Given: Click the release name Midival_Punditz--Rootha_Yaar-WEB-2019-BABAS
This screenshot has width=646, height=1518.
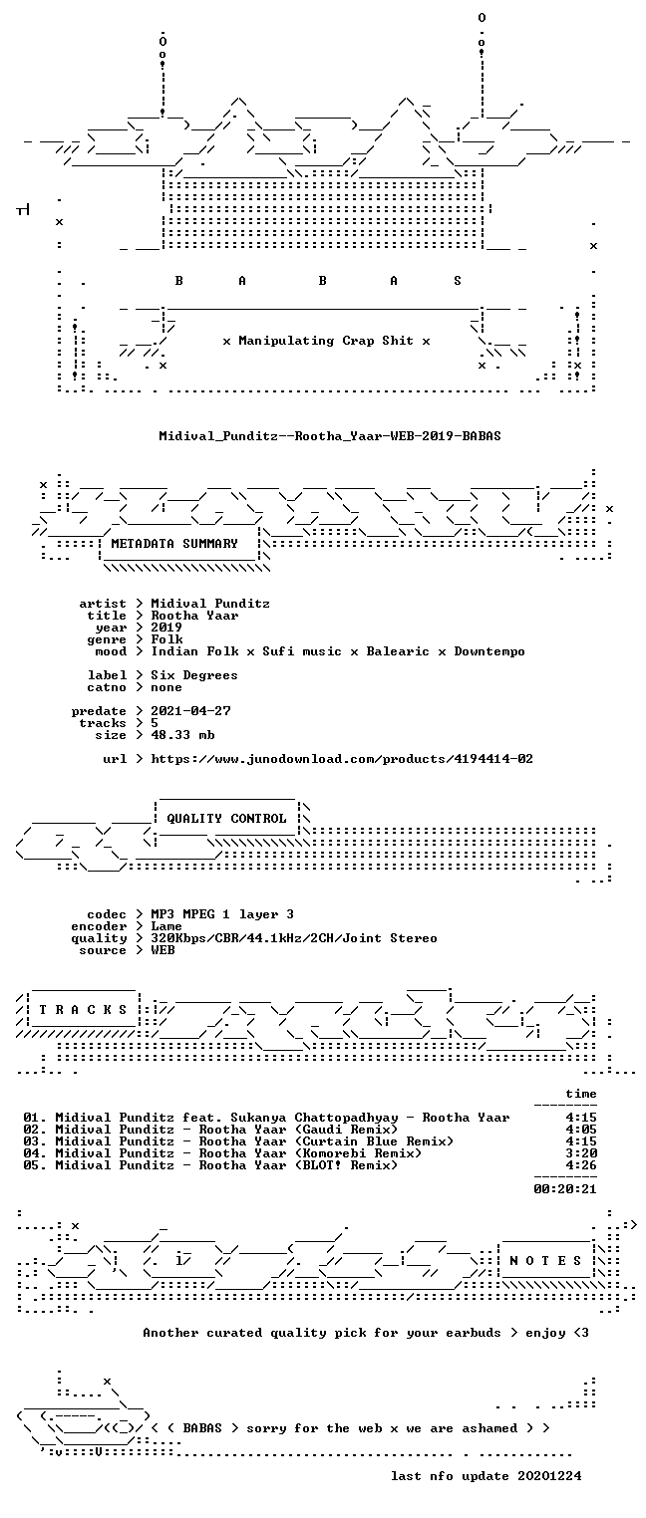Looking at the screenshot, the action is click(330, 435).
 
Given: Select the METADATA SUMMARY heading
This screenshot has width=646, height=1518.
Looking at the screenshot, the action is click(174, 544).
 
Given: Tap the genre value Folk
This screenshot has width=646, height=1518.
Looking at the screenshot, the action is click(166, 639).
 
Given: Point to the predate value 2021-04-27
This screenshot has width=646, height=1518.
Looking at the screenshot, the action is click(190, 711).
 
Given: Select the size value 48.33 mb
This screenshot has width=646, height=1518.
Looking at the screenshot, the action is click(182, 735).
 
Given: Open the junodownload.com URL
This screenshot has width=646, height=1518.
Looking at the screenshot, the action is click(342, 759).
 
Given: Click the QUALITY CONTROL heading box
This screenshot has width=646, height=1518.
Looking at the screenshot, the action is click(226, 818).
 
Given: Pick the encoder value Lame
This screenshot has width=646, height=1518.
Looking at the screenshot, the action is click(166, 926).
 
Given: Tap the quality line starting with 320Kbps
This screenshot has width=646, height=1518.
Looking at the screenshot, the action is click(294, 938).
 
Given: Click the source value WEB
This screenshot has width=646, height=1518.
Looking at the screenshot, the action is click(162, 950).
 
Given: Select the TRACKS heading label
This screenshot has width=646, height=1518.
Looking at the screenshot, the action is click(83, 1010).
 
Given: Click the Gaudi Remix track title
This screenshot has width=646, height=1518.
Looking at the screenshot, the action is click(298, 1129).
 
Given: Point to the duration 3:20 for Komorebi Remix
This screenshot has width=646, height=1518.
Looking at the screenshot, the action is click(581, 1152).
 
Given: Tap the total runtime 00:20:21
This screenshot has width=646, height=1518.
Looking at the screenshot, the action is click(565, 1188).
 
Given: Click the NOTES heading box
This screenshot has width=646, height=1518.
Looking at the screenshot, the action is click(545, 1260).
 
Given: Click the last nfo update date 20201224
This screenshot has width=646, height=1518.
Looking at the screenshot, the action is click(549, 1476).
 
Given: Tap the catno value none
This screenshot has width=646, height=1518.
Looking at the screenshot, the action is click(166, 687).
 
